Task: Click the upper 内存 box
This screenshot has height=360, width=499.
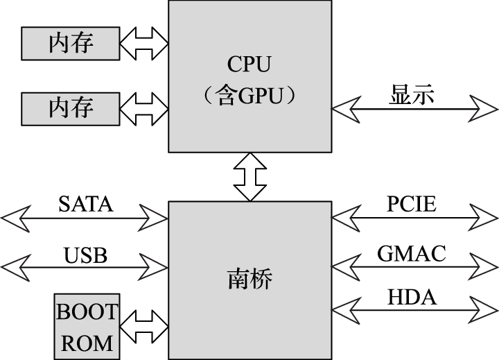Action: pyautogui.click(x=71, y=44)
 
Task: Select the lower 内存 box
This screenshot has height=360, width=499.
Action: pyautogui.click(x=71, y=108)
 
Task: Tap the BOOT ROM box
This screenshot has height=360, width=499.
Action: pyautogui.click(x=87, y=327)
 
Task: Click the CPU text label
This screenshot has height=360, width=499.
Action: pyautogui.click(x=249, y=65)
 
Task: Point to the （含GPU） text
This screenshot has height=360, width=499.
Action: pyautogui.click(x=250, y=96)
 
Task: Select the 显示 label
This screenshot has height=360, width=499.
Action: pyautogui.click(x=412, y=94)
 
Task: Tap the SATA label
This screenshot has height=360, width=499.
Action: pyautogui.click(x=85, y=204)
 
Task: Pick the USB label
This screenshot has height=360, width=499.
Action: pyautogui.click(x=85, y=255)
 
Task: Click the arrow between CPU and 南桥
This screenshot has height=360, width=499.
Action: pyautogui.click(x=250, y=177)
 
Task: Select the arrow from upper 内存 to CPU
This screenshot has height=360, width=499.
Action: pyautogui.click(x=144, y=44)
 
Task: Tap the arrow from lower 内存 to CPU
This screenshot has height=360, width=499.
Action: pyautogui.click(x=144, y=108)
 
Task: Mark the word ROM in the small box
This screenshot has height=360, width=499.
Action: pyautogui.click(x=87, y=342)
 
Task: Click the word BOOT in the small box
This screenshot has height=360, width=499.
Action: pyautogui.click(x=87, y=312)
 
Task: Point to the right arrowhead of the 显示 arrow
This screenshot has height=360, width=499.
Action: pyautogui.click(x=485, y=108)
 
